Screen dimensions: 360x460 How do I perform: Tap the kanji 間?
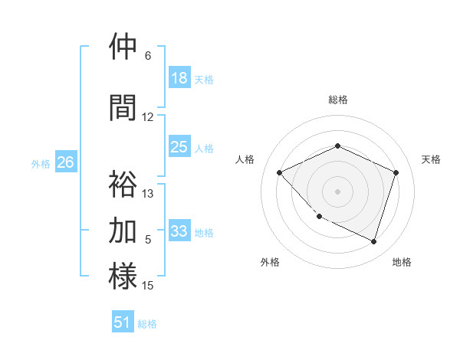(x=123, y=107)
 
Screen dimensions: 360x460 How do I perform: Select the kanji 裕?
(x=123, y=184)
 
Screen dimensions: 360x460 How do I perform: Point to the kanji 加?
(x=123, y=230)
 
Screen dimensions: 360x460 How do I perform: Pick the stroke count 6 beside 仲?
(x=148, y=56)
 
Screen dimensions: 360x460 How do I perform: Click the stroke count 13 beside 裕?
(x=148, y=194)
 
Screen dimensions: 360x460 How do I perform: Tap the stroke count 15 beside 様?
(x=148, y=286)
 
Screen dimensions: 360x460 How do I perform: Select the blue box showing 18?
(x=179, y=78)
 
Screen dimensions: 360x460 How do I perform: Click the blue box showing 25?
(x=179, y=147)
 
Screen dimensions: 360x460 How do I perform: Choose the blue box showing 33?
(x=179, y=231)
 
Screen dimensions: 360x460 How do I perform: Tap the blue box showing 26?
(x=65, y=162)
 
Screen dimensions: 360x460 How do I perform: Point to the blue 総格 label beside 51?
(x=147, y=324)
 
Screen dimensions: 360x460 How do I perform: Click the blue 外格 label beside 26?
(x=41, y=163)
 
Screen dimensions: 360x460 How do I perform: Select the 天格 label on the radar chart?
(x=431, y=159)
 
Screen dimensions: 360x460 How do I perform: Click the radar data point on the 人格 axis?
(x=280, y=173)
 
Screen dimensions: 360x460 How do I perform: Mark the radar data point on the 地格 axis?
(x=373, y=242)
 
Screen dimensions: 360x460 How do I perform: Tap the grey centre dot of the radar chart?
(x=337, y=191)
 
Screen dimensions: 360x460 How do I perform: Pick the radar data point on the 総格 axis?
(x=337, y=146)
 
